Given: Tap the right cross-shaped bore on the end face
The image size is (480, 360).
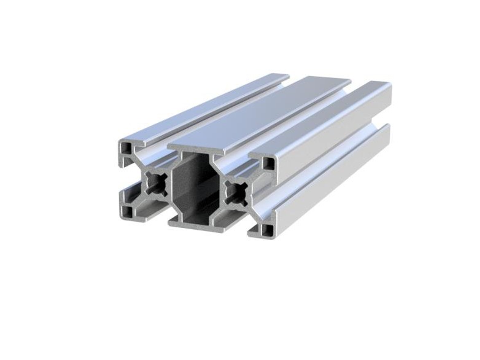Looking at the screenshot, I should coord(236,192).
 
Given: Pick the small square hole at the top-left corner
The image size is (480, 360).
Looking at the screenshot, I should coord(127,148).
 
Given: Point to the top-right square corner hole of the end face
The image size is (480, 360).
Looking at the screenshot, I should coord(269,163).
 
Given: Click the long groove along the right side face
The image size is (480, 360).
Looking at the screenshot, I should coord(331,163).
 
